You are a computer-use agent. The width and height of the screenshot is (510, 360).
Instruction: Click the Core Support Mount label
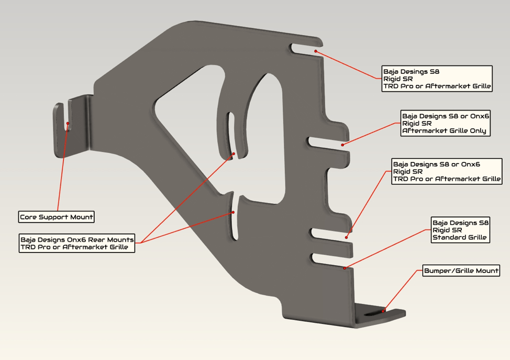57,217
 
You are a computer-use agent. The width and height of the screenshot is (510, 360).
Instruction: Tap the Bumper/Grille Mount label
461,271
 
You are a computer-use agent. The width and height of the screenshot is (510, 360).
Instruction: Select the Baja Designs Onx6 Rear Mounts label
77,239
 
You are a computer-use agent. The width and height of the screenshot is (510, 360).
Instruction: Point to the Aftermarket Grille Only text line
444,131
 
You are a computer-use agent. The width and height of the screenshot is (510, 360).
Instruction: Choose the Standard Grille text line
459,237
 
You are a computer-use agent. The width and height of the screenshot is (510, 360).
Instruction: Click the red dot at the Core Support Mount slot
68,124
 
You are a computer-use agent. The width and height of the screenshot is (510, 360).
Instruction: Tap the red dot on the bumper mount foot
383,310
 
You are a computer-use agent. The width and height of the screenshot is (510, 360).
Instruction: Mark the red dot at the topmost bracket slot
316,51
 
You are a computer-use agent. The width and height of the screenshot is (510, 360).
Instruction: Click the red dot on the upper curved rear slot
234,154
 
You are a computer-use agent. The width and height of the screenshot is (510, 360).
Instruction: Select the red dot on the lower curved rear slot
234,212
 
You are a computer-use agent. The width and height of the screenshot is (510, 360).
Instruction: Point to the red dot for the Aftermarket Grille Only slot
343,145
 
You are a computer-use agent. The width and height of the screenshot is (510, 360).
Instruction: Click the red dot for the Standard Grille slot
345,268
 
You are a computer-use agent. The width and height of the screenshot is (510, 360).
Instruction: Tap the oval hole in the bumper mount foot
373,313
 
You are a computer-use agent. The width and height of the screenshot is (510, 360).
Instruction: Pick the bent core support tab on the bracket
74,126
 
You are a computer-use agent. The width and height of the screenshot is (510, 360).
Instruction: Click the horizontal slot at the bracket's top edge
304,49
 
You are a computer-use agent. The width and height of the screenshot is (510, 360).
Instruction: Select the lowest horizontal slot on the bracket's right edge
327,259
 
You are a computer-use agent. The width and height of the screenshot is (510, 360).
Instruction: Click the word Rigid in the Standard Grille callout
441,230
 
